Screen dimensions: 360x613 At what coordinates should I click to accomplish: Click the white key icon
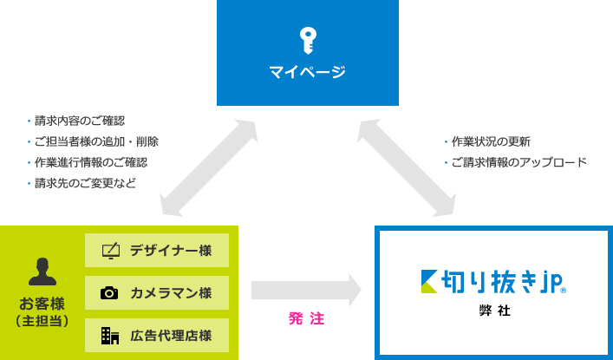307,40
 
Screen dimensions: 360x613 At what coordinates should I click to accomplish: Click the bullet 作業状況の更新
490,141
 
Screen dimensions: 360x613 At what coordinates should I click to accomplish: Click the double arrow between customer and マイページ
208,167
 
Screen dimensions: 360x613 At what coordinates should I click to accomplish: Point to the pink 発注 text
306,319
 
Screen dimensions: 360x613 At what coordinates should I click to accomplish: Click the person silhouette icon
42,272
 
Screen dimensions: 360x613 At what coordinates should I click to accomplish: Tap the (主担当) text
42,322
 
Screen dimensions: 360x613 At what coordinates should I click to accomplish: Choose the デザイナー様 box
157,251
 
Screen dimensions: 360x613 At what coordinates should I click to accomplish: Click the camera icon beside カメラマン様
109,293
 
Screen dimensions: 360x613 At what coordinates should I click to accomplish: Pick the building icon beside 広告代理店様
109,335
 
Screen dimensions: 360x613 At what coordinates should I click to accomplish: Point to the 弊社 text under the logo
492,310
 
